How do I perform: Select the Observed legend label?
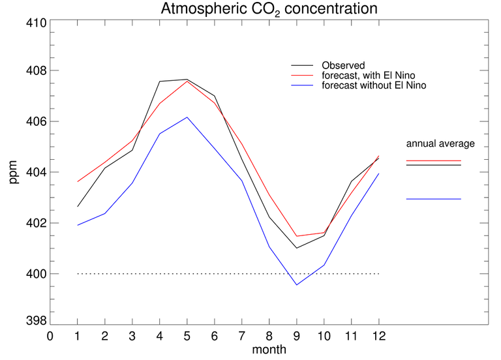(343, 66)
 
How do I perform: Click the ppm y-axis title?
(14, 173)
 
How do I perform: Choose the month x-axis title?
(269, 350)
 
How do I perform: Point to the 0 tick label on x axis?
(50, 337)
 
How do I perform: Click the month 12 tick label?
(378, 337)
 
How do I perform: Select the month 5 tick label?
(187, 337)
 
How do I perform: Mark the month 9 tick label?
(297, 337)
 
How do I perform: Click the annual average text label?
(440, 143)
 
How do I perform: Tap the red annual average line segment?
(433, 160)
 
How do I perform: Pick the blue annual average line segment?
(433, 199)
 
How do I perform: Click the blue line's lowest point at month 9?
(297, 285)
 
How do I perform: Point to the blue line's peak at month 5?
(187, 117)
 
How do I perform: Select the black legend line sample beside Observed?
(302, 66)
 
